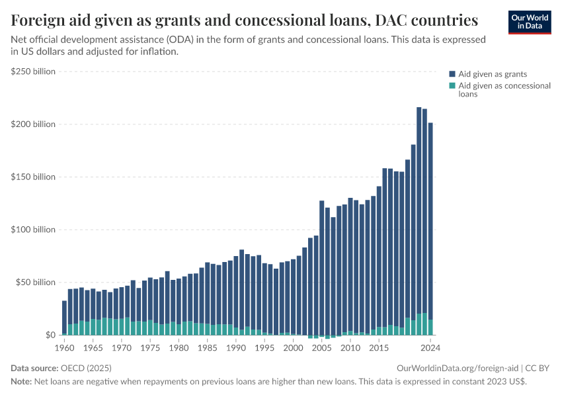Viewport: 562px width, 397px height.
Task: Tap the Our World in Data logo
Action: pos(530,21)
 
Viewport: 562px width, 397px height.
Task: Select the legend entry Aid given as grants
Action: pos(493,74)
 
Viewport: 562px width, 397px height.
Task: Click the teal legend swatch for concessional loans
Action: pos(452,86)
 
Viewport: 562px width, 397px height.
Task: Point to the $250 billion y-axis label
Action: pos(33,71)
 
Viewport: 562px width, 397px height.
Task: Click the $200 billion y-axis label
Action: pos(33,124)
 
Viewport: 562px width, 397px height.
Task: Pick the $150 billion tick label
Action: pos(33,177)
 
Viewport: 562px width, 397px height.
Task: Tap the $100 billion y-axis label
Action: pos(33,230)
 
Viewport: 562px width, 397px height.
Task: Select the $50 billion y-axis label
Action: pos(35,283)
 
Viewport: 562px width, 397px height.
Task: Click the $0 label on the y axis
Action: pos(50,335)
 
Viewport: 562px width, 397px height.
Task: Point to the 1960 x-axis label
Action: pos(64,347)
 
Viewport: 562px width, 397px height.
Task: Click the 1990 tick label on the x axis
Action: pos(236,347)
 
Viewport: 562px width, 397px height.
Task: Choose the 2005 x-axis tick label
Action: pos(321,347)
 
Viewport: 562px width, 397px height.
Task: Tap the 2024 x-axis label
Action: pos(430,347)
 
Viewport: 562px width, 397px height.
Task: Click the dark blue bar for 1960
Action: pos(64,318)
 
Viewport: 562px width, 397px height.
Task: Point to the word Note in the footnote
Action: pos(20,382)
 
